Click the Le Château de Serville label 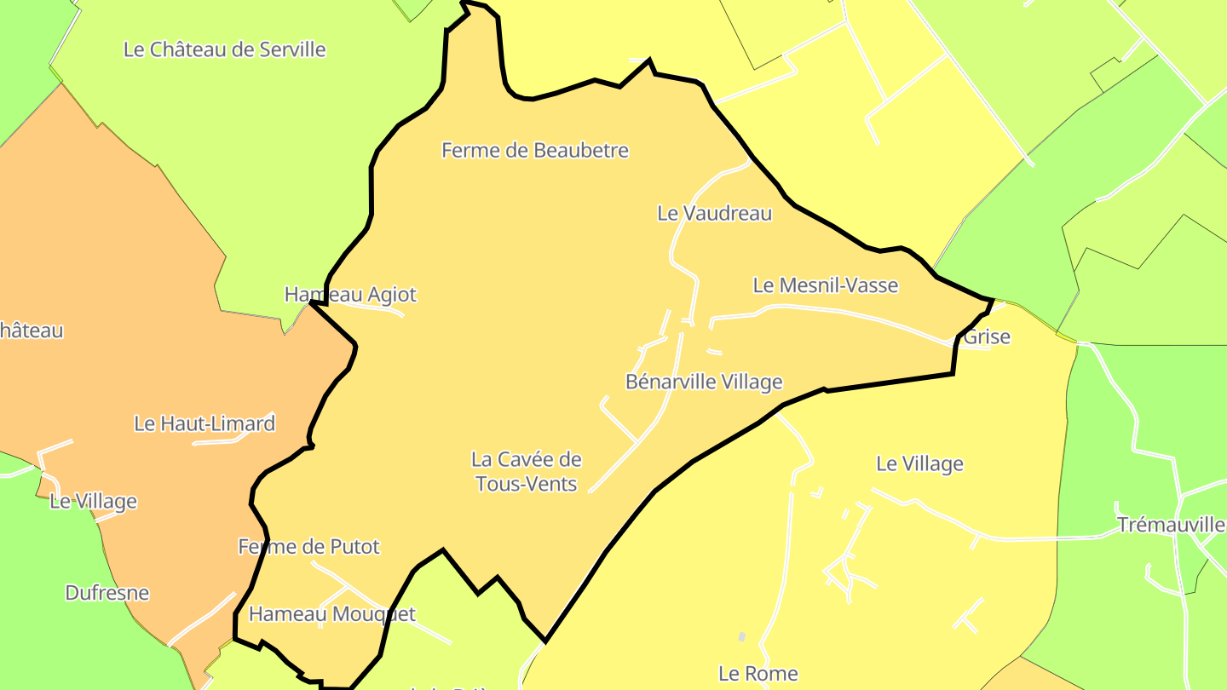224,49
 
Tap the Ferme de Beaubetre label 534,151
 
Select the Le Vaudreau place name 714,213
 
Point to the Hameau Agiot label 350,295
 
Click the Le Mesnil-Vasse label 825,285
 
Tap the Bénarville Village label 703,382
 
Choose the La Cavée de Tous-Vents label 526,471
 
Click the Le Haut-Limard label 204,423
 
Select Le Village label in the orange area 93,501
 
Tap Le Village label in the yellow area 919,463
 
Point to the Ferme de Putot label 308,546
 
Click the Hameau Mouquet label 331,613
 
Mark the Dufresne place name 107,593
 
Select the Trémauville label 1171,525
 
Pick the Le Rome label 758,674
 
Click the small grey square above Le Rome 741,636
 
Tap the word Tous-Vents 526,484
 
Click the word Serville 291,49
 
